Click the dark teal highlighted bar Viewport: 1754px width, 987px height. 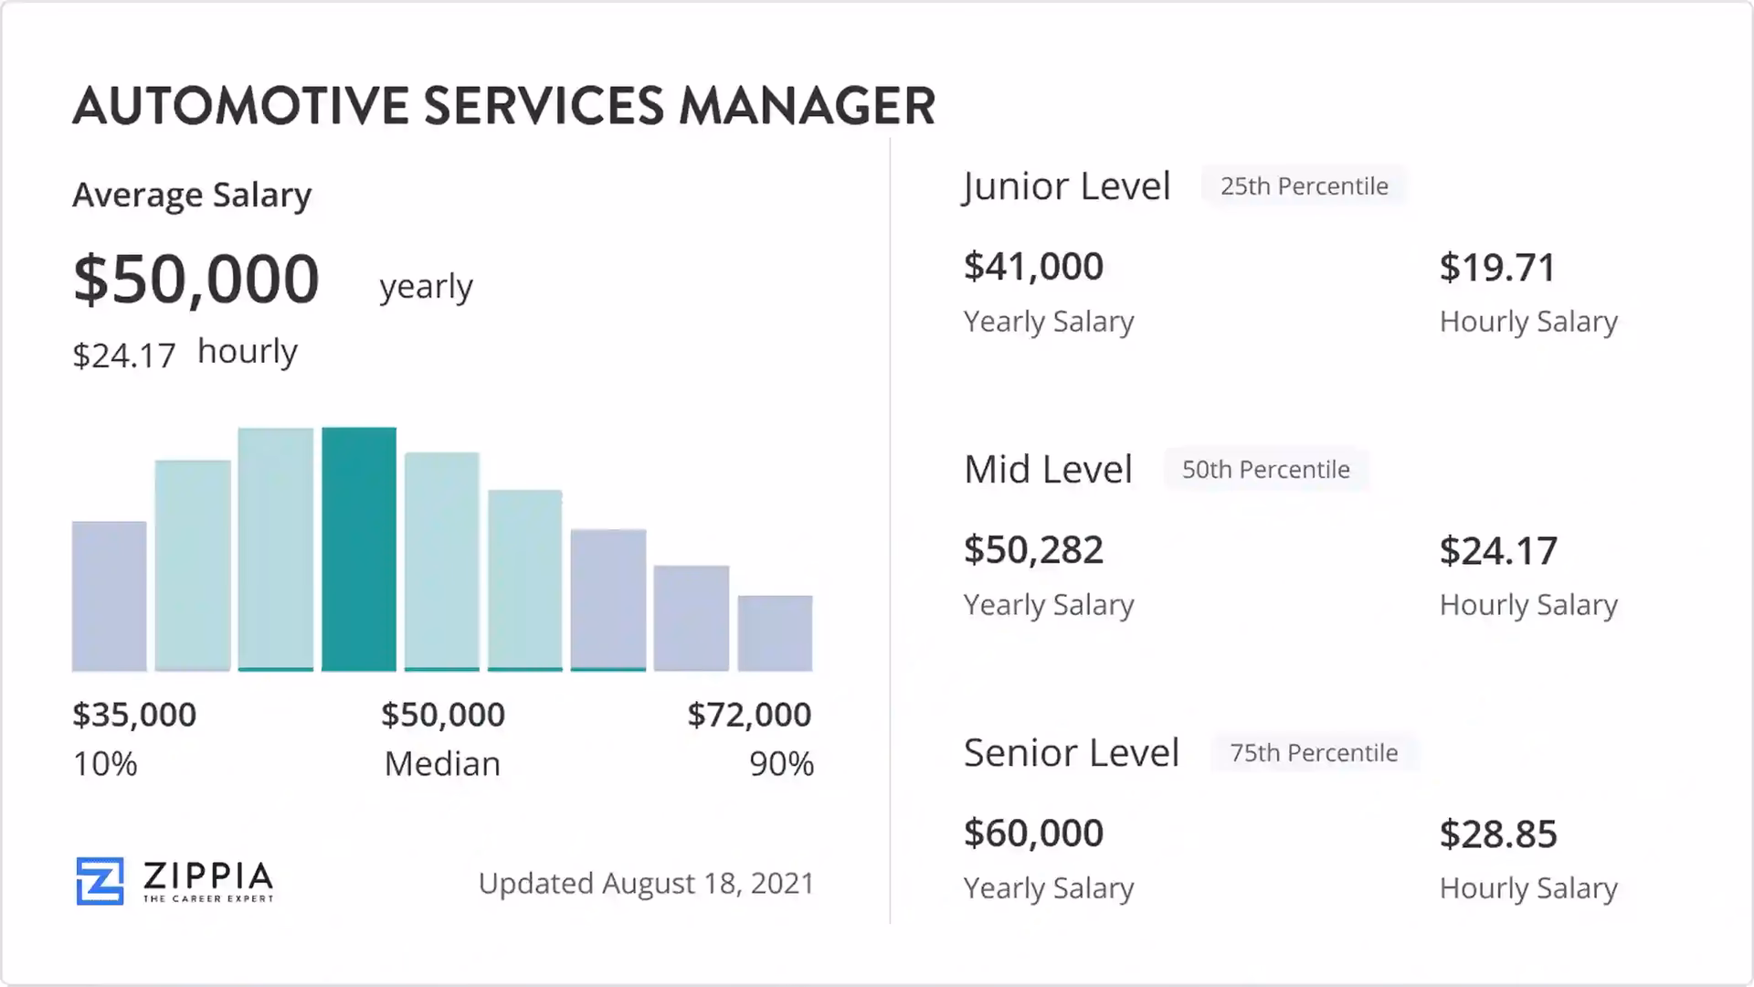click(359, 548)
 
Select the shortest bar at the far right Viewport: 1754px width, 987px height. click(775, 632)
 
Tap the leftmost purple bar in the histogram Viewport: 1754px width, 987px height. click(110, 596)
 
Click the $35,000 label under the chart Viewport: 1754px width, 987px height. click(134, 715)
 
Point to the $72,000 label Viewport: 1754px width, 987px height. click(749, 715)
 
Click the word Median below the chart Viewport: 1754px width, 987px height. click(442, 764)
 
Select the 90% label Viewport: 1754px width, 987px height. click(781, 764)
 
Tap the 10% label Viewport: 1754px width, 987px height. click(105, 764)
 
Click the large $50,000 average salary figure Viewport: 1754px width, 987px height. click(196, 279)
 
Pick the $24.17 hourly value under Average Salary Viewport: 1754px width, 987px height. click(124, 356)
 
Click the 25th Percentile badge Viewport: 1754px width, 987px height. click(1304, 186)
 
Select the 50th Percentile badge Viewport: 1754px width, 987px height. click(1265, 470)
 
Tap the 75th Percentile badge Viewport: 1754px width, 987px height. click(1313, 753)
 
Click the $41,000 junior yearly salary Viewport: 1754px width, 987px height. click(1033, 267)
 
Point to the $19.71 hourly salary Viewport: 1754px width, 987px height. click(1497, 268)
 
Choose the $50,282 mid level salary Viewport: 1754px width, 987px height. click(1033, 550)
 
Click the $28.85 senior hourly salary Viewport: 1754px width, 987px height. click(1498, 834)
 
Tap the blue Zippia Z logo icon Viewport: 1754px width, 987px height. click(100, 881)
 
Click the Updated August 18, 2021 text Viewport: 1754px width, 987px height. click(646, 884)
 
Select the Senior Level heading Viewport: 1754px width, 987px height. click(1071, 753)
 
